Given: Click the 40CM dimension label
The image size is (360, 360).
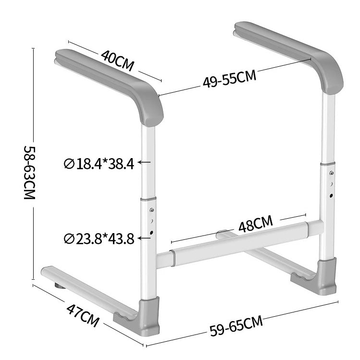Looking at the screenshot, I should pyautogui.click(x=118, y=59).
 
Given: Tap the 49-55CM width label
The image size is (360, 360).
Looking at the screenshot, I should pyautogui.click(x=229, y=79).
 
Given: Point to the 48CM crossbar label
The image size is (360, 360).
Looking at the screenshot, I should pyautogui.click(x=255, y=224).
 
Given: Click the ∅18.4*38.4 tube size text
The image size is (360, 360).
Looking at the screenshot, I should pyautogui.click(x=99, y=164).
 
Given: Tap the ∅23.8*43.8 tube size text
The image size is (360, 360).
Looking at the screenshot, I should pyautogui.click(x=99, y=238).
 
